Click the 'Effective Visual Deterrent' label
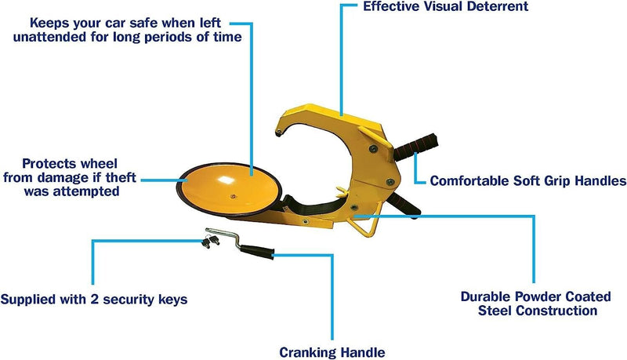pyautogui.click(x=445, y=6)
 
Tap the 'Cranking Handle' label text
pyautogui.click(x=332, y=352)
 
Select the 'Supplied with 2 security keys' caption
pyautogui.click(x=94, y=300)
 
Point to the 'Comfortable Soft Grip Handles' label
pyautogui.click(x=527, y=181)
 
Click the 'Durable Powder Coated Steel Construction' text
pyautogui.click(x=536, y=304)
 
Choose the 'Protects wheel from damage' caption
pyautogui.click(x=70, y=177)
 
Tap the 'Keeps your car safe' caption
pyautogui.click(x=127, y=30)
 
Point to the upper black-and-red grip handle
pyautogui.click(x=416, y=147)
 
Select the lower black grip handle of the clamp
pyautogui.click(x=404, y=205)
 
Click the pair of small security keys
pyautogui.click(x=210, y=242)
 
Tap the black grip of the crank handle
pyautogui.click(x=258, y=252)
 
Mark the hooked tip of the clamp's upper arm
pyautogui.click(x=279, y=133)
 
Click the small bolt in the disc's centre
pyautogui.click(x=233, y=196)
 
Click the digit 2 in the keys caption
pyautogui.click(x=94, y=299)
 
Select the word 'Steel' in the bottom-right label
pyautogui.click(x=496, y=311)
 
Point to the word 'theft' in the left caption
pyautogui.click(x=121, y=177)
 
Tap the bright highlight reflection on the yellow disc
pyautogui.click(x=227, y=180)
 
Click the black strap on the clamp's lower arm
pyautogui.click(x=316, y=207)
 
